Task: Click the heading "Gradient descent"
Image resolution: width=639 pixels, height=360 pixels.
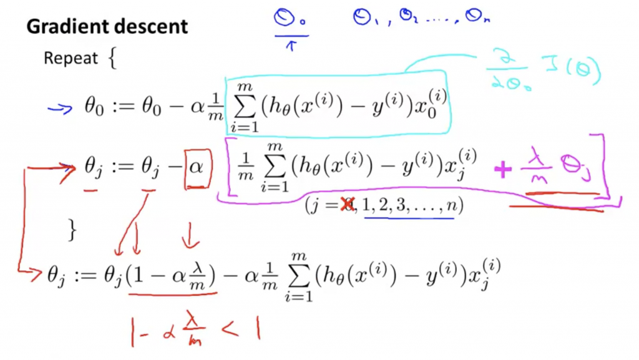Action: pos(107,27)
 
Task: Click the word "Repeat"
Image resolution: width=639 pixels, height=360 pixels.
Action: pos(71,58)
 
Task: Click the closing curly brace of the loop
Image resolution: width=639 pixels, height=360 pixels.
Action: pos(72,230)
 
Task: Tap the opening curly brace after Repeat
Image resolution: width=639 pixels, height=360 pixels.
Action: pos(112,59)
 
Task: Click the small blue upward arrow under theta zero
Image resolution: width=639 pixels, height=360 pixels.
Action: pos(290,45)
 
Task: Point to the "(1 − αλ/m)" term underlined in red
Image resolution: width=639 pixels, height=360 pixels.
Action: pos(171,275)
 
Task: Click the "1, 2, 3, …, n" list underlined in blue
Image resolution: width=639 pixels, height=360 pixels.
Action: pos(409,205)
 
